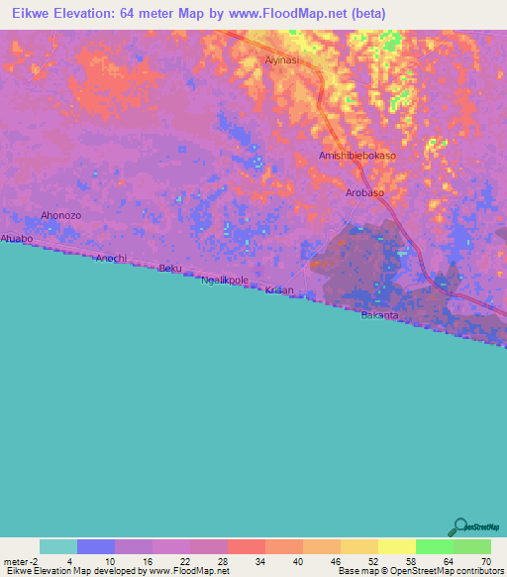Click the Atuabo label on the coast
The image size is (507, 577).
[x=17, y=239]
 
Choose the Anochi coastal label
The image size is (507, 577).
[x=111, y=258]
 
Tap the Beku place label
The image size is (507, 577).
[x=170, y=268]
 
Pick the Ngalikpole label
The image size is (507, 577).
[x=225, y=281]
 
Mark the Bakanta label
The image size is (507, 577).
[x=379, y=315]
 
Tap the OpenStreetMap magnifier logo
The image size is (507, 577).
[x=460, y=526]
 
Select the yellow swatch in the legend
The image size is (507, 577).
[x=396, y=546]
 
